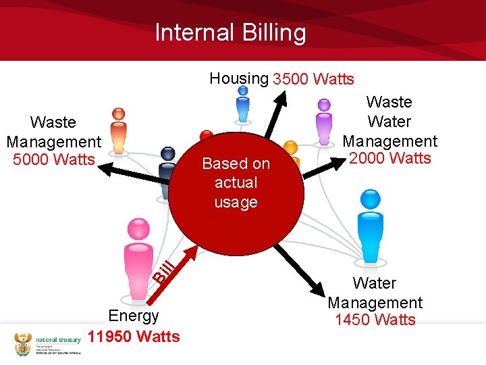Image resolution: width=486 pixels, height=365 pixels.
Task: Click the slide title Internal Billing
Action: [x=230, y=32]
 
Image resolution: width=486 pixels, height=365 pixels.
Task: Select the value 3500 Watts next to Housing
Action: [x=313, y=80]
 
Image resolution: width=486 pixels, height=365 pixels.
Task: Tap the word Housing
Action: [x=238, y=78]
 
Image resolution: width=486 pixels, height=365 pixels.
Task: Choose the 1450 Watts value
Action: [x=375, y=320]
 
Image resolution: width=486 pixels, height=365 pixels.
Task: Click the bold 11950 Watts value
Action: [x=134, y=337]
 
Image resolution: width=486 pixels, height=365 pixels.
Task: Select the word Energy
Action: [x=134, y=316]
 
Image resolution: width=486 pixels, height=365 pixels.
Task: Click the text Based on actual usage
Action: [x=236, y=182]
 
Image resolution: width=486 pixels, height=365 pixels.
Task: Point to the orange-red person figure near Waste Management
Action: [x=119, y=130]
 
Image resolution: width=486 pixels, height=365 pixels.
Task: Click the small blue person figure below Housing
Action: [x=243, y=108]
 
